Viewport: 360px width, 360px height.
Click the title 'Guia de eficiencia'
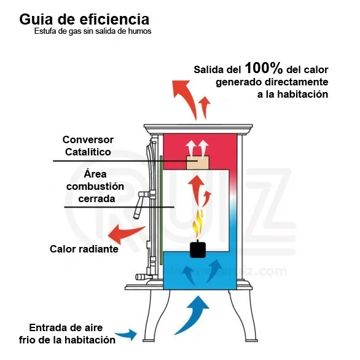(84, 19)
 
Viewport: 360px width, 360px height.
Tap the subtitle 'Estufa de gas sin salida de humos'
(93, 31)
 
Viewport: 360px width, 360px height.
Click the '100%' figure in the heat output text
(264, 68)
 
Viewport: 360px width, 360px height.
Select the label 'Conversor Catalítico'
(88, 146)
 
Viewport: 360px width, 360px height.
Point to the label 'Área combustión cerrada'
(95, 186)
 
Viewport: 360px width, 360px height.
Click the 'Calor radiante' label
(84, 249)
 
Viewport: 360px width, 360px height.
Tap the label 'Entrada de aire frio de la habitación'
(67, 334)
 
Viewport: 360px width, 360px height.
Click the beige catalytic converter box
(197, 163)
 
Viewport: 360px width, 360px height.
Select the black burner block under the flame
(198, 249)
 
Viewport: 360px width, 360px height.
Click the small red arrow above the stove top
(205, 106)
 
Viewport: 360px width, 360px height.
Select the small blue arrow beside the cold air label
(127, 335)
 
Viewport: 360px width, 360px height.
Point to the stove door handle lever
(140, 205)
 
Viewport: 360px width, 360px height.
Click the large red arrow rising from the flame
(197, 189)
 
